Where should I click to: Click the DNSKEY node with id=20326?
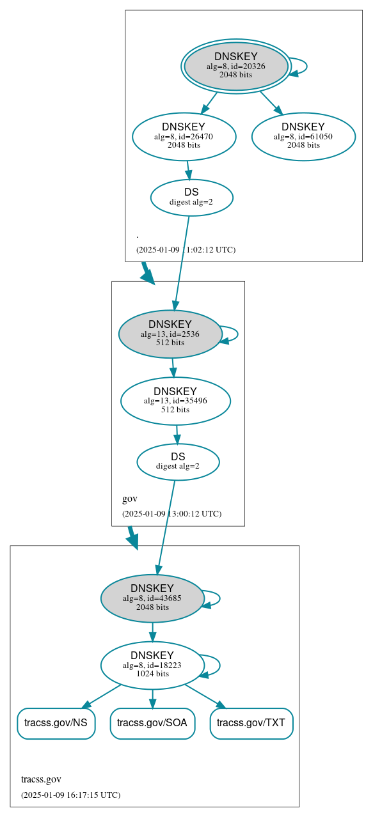[x=235, y=66]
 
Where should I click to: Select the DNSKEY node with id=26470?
[x=184, y=136]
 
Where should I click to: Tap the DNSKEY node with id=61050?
[x=303, y=136]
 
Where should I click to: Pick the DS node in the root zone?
[x=191, y=198]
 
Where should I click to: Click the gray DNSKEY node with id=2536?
[x=170, y=334]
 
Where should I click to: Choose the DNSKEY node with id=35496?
[x=175, y=401]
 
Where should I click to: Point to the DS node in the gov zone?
[x=178, y=462]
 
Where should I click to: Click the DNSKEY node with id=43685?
[x=152, y=598]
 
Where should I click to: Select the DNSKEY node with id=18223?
[x=152, y=665]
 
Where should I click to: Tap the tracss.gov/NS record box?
[x=56, y=723]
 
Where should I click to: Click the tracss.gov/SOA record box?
[x=152, y=723]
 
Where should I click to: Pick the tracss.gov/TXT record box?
[x=251, y=723]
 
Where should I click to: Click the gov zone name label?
[x=130, y=499]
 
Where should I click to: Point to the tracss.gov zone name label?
[x=41, y=779]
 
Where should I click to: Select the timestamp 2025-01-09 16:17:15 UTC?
[x=70, y=795]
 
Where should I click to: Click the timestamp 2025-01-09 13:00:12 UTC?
[x=171, y=514]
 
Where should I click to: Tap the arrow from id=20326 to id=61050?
[x=271, y=103]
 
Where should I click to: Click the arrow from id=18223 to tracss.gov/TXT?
[x=205, y=696]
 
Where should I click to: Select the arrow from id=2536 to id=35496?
[x=173, y=368]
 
